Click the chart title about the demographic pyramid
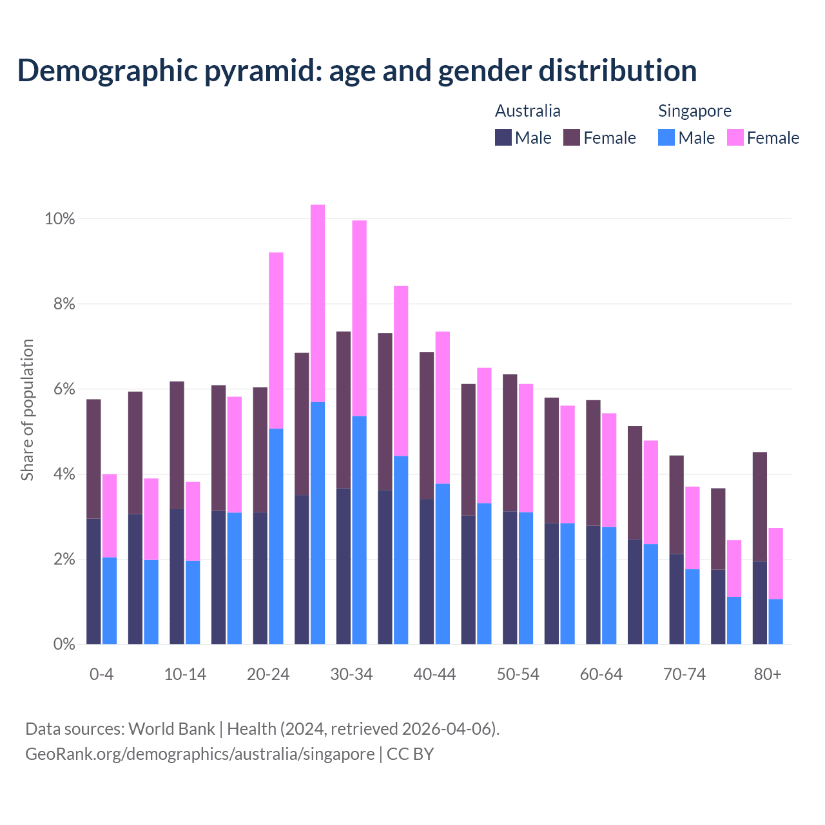pyautogui.click(x=356, y=71)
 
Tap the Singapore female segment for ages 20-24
pyautogui.click(x=276, y=340)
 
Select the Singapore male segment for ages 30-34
pyautogui.click(x=359, y=530)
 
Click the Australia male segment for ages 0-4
pyautogui.click(x=93, y=581)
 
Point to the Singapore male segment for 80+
pyautogui.click(x=775, y=621)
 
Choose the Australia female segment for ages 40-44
pyautogui.click(x=427, y=425)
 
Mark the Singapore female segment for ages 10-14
pyautogui.click(x=193, y=521)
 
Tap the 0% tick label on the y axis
pyautogui.click(x=63, y=645)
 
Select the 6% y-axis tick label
pyautogui.click(x=63, y=389)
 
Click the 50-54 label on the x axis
pyautogui.click(x=518, y=675)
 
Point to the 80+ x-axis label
pyautogui.click(x=768, y=675)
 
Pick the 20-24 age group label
pyautogui.click(x=268, y=675)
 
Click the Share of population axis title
pyautogui.click(x=28, y=410)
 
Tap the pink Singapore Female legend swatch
pyautogui.click(x=735, y=137)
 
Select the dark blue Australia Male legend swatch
pyautogui.click(x=503, y=137)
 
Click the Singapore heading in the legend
pyautogui.click(x=694, y=111)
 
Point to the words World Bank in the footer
pyautogui.click(x=171, y=729)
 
